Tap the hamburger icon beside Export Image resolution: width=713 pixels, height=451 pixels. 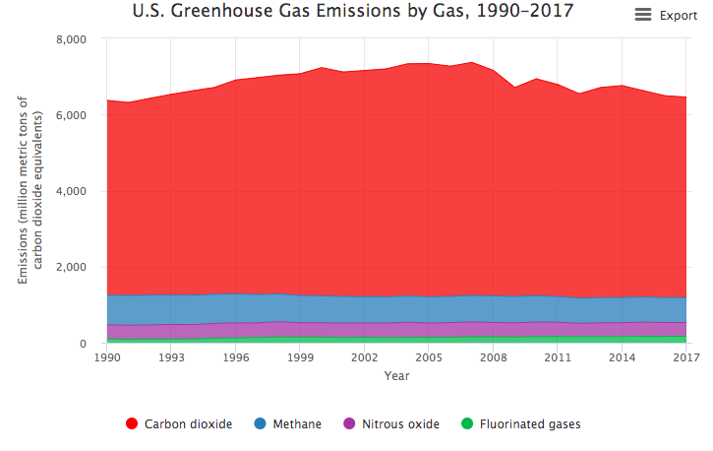(643, 15)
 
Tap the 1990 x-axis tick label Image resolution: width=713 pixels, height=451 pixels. (106, 358)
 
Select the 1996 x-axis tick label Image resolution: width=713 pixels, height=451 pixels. (235, 358)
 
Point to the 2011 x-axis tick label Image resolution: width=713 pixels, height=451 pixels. (558, 358)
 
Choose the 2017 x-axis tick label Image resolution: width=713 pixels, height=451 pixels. (686, 358)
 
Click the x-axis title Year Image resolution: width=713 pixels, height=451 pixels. (396, 376)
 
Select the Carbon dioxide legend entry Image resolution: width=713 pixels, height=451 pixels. (179, 424)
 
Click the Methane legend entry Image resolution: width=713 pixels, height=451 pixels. (287, 424)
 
